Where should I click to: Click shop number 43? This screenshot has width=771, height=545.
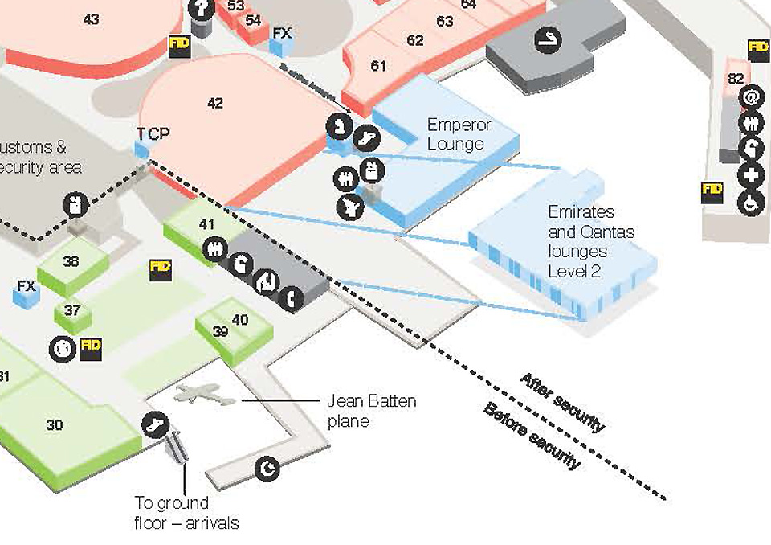(91, 18)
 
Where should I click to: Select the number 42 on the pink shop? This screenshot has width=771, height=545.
(214, 103)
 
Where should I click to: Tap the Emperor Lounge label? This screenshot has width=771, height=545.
(459, 134)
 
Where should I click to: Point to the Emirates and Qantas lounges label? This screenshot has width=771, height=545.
(591, 241)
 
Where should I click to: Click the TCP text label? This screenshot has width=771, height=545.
(153, 133)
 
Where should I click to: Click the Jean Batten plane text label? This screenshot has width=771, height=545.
(372, 410)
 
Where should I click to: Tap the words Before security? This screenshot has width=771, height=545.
(531, 436)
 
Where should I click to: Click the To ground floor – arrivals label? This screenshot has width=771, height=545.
(186, 513)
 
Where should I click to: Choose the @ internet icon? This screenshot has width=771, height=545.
(752, 97)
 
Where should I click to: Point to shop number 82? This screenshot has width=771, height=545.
(736, 79)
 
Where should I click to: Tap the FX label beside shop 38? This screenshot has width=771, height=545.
(27, 286)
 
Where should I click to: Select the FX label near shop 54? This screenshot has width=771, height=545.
(282, 33)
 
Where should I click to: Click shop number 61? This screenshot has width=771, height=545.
(378, 66)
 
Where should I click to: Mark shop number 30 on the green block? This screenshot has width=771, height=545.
(54, 424)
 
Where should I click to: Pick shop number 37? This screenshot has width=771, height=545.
(73, 310)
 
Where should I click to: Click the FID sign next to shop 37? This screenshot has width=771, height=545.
(92, 346)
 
